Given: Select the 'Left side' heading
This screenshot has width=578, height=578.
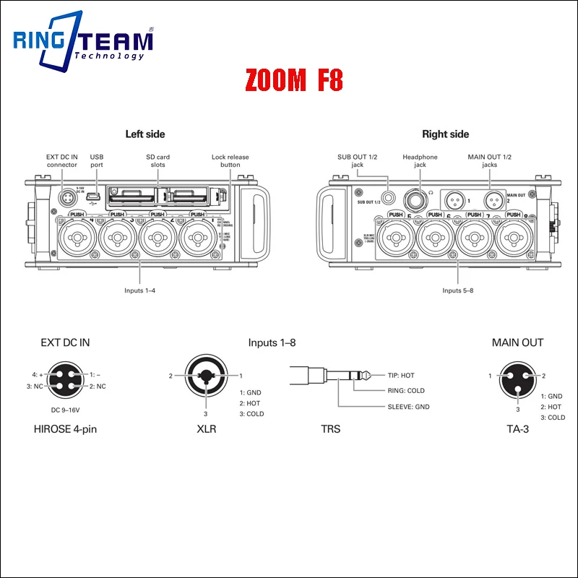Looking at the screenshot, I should [145, 134].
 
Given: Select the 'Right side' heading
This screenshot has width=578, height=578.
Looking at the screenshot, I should [446, 134].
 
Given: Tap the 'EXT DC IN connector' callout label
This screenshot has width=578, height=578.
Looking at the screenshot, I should [62, 160].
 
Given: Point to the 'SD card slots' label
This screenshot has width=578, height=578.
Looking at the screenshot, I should [158, 160].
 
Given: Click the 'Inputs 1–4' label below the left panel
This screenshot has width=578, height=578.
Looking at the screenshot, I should [140, 290].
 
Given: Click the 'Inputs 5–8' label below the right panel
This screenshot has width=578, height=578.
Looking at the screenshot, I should [458, 290].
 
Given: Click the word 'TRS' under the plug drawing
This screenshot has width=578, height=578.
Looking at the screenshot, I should [330, 429].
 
